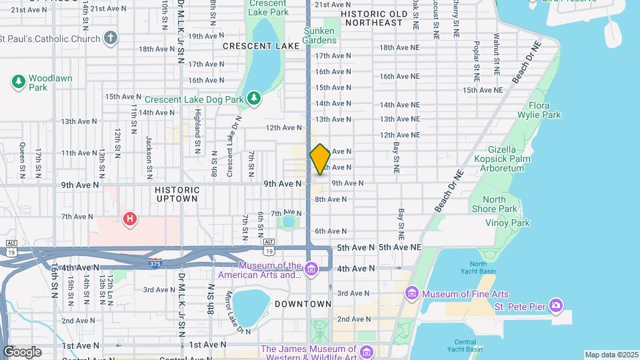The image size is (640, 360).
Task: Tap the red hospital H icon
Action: [x=130, y=218]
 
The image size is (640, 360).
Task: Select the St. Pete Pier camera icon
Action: [x=557, y=307]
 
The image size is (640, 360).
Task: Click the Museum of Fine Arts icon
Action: [x=411, y=293]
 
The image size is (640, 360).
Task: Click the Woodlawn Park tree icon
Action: [x=18, y=82]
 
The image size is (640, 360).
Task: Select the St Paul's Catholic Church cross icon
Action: [x=111, y=37]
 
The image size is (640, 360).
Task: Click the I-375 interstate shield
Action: [x=155, y=262]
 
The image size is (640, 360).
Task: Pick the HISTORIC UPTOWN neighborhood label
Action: [x=177, y=194]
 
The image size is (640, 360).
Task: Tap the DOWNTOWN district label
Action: [x=303, y=304]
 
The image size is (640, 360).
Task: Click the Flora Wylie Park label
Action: [x=544, y=110]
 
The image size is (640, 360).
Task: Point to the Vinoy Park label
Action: [x=507, y=223]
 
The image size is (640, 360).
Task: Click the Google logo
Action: [x=22, y=351]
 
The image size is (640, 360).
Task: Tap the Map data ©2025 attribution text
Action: [x=611, y=355]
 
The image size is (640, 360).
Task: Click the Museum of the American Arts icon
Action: [x=311, y=269]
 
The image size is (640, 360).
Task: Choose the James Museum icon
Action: [x=365, y=351]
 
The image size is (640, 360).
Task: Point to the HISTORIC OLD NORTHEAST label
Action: [x=373, y=18]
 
